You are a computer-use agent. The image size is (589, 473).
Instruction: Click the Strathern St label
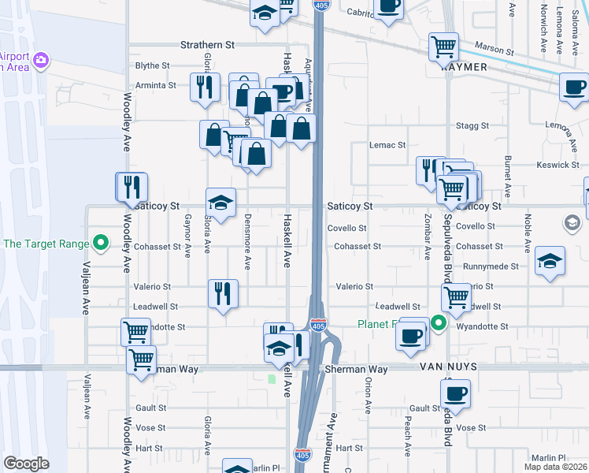[x=208, y=45]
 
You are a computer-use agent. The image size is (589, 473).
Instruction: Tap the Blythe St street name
[x=153, y=65]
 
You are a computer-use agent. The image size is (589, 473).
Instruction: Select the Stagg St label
[x=472, y=125]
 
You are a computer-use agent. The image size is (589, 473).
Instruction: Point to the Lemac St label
[x=387, y=145]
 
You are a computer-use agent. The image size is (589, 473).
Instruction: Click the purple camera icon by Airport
[x=41, y=59]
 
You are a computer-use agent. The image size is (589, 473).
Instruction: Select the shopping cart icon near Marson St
[x=443, y=46]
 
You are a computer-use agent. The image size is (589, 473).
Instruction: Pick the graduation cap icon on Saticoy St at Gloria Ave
[x=220, y=202]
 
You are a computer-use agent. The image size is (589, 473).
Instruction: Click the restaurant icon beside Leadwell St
[x=223, y=293]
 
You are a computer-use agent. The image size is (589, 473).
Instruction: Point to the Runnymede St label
[x=490, y=266]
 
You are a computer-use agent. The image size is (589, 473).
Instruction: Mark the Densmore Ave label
[x=247, y=242]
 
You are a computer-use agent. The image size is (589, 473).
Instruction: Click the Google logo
[x=26, y=463]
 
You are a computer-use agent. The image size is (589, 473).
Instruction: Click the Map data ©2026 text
[x=556, y=467]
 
